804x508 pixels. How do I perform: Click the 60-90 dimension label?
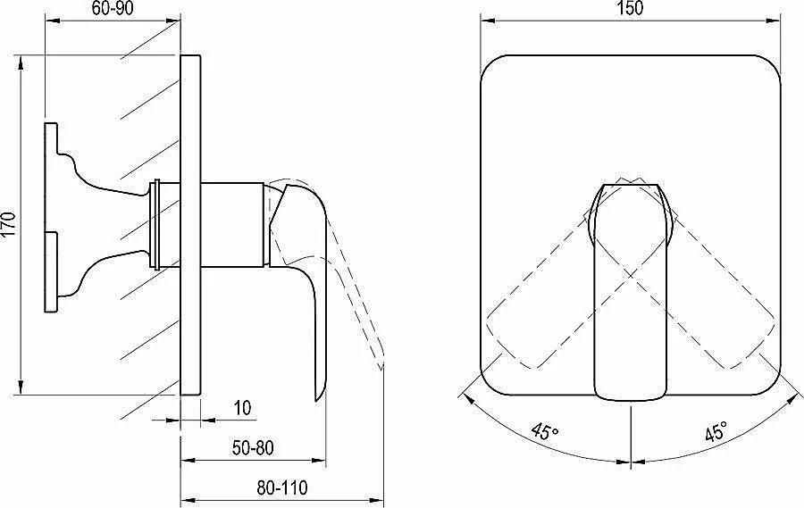coord(113,8)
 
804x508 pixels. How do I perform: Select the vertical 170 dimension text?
coord(9,224)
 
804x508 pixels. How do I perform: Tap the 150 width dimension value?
coord(630,8)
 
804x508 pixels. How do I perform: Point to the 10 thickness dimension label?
coord(242,408)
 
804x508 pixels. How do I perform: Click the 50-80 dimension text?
coord(253,447)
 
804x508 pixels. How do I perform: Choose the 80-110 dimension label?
coord(282,487)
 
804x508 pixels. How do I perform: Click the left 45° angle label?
coord(545,431)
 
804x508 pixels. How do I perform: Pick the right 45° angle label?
coord(716,431)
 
